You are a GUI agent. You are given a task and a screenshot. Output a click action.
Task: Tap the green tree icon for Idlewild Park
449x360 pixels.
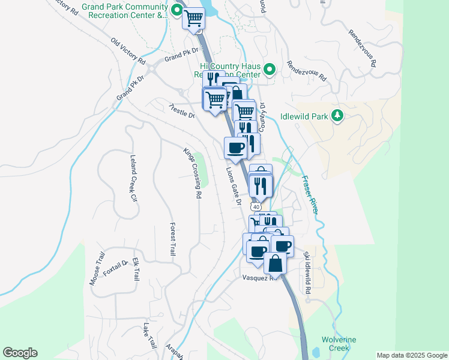(x=337, y=115)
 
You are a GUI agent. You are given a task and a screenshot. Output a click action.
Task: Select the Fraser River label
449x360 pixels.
(x=310, y=194)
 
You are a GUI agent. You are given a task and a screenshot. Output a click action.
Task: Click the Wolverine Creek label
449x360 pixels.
(x=339, y=344)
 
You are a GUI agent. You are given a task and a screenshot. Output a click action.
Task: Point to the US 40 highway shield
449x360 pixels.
(x=256, y=206)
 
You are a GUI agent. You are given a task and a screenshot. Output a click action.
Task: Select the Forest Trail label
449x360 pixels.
(x=172, y=239)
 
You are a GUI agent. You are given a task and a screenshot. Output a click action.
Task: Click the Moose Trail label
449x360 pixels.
(x=97, y=272)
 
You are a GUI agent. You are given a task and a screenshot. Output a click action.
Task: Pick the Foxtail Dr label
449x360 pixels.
(x=116, y=268)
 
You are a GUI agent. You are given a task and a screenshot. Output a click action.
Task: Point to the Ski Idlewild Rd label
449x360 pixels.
(x=307, y=272)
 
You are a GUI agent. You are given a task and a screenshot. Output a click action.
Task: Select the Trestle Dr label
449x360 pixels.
(x=182, y=110)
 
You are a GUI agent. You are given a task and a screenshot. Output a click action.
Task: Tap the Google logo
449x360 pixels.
(x=20, y=353)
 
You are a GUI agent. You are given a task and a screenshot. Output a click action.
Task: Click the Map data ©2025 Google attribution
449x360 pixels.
(x=411, y=355)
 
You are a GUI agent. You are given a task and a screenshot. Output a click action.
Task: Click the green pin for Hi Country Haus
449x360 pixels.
(x=270, y=70)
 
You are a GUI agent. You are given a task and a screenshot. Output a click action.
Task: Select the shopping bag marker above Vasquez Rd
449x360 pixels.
(x=275, y=263)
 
